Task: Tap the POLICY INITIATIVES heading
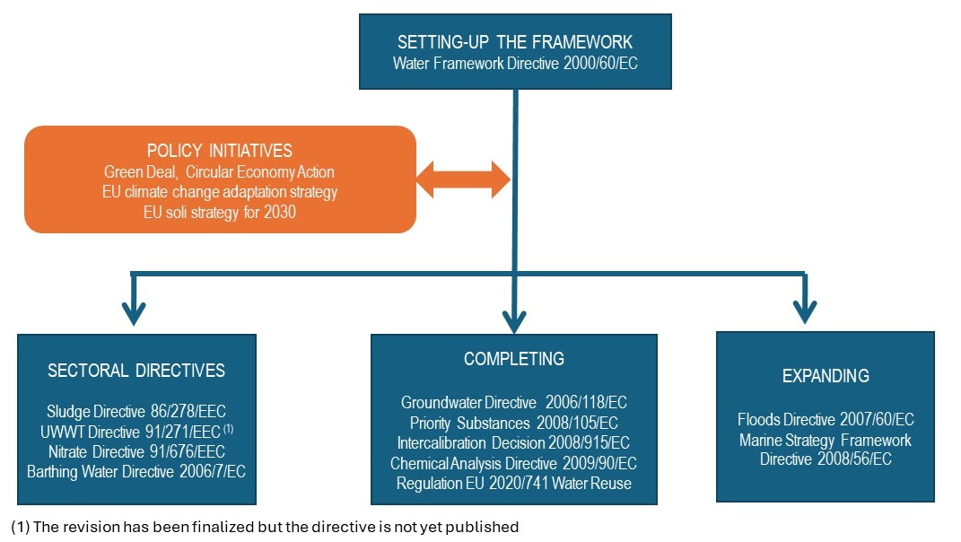coord(220,151)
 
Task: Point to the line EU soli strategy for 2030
coord(220,212)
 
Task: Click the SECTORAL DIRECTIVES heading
coord(136,371)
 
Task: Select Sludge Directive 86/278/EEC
coord(136,412)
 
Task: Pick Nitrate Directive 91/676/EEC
coord(136,451)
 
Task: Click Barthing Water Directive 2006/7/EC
coord(136,472)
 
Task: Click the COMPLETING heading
coord(514,359)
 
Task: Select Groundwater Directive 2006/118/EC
coord(514,403)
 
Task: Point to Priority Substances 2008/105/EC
coord(514,423)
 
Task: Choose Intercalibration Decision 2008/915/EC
coord(514,442)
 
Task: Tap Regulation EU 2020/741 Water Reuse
coord(514,484)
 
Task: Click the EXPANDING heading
coord(826,376)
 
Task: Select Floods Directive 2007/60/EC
coord(826,419)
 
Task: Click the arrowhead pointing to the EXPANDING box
coord(805,310)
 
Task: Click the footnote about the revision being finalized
coord(266,527)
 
